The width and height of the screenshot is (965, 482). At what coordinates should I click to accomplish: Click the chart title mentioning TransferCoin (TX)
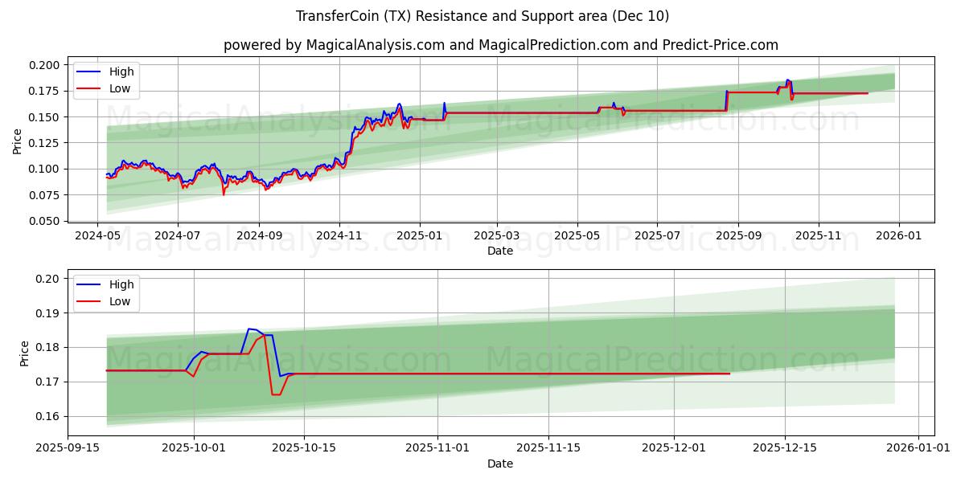tap(482, 16)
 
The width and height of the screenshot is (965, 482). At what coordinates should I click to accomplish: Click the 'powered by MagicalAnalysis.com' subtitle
tap(500, 45)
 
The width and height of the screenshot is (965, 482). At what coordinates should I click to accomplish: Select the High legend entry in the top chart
tap(121, 71)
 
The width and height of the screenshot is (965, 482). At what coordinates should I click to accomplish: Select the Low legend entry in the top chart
tap(120, 89)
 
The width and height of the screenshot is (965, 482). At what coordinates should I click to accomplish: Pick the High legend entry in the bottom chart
tap(121, 284)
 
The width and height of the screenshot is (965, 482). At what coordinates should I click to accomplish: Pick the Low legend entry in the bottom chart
tap(120, 302)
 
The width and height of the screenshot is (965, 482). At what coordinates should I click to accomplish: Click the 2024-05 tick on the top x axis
tap(98, 237)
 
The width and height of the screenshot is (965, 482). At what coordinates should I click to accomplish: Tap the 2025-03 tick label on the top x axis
tap(496, 237)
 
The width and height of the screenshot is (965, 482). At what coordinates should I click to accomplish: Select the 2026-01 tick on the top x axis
tap(898, 237)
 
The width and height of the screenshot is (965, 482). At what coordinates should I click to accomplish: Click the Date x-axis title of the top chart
tap(500, 251)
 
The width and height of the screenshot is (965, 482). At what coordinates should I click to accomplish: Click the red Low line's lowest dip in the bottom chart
tap(276, 394)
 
